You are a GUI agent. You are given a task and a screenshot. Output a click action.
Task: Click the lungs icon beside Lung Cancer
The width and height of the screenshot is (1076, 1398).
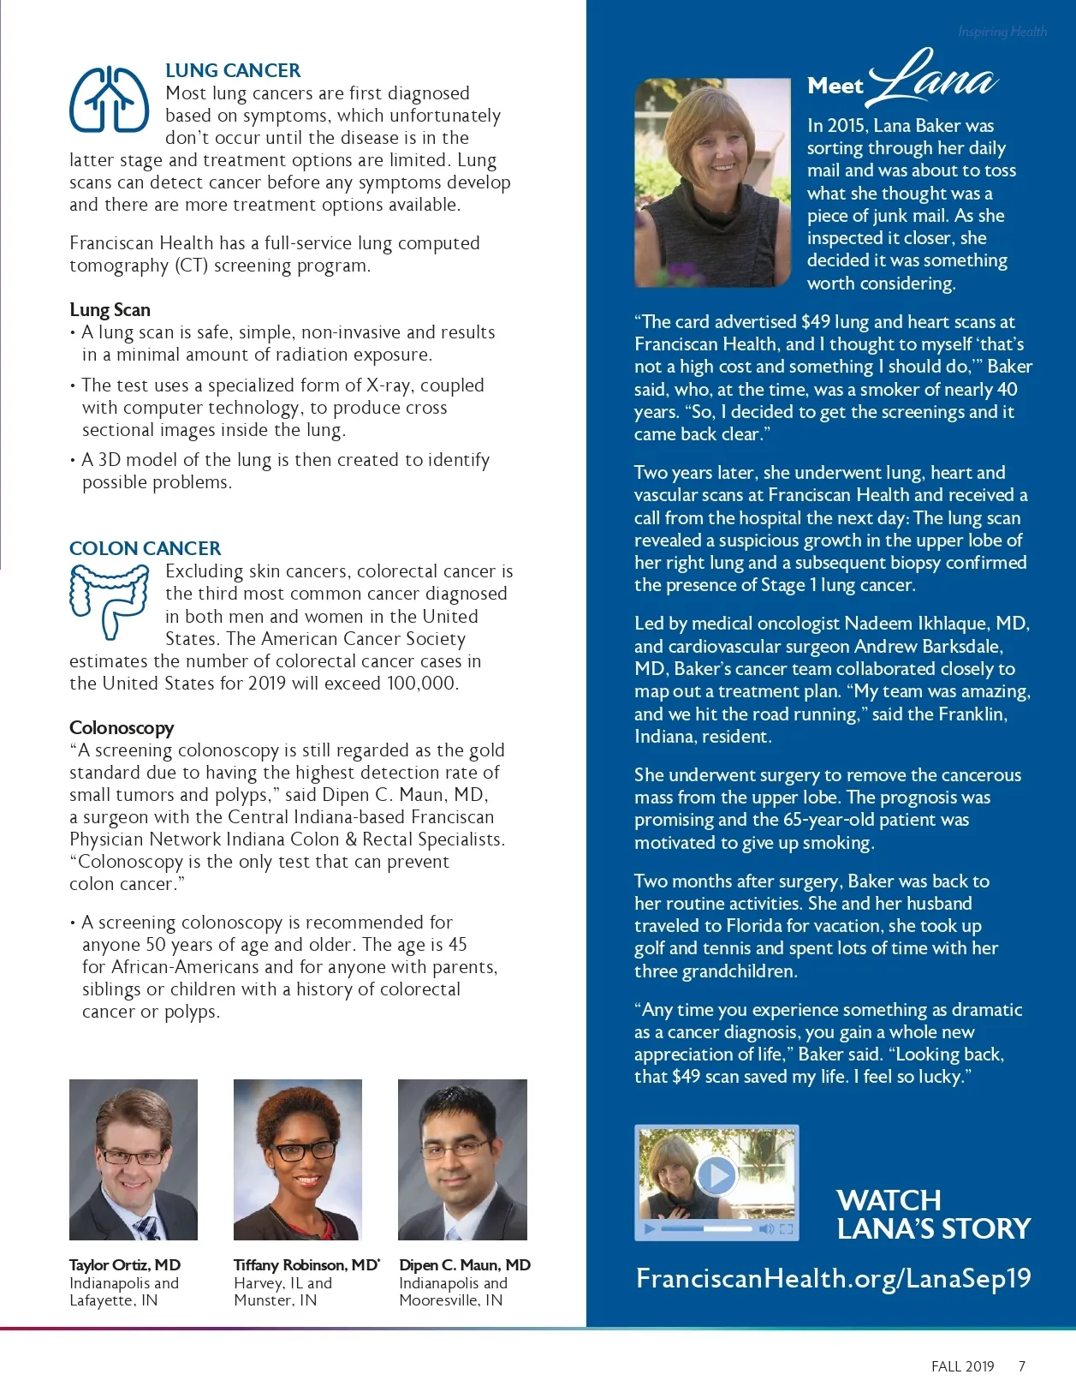coord(109,99)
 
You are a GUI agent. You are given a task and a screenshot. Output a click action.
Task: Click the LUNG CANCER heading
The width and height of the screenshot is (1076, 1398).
coord(233,70)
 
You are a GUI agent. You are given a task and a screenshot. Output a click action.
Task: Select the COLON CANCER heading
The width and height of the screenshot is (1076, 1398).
coord(145,548)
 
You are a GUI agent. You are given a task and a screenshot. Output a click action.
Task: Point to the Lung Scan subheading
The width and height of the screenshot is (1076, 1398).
coord(110,310)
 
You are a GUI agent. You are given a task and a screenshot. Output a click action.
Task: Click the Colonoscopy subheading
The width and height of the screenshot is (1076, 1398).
coord(122,728)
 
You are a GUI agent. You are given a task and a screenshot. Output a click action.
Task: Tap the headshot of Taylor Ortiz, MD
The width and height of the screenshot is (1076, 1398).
coord(134,1159)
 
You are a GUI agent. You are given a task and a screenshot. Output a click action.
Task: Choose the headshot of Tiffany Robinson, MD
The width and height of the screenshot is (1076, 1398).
coord(298,1159)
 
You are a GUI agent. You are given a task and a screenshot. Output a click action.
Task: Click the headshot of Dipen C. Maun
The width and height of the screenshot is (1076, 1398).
coord(462,1159)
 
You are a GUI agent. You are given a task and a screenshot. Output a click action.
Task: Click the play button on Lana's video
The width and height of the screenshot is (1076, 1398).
coord(716,1175)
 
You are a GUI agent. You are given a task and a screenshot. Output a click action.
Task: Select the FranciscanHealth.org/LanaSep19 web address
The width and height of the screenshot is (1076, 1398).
coord(833,1279)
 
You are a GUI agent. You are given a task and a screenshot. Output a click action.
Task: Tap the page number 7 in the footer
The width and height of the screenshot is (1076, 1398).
coord(1021,1366)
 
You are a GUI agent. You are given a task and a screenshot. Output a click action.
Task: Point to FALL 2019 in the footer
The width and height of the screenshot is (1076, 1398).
coord(962,1366)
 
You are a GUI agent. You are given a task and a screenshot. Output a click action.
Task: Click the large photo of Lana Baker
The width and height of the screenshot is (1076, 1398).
coord(712,182)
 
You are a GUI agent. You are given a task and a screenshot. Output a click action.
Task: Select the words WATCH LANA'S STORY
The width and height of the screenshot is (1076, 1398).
coord(933,1214)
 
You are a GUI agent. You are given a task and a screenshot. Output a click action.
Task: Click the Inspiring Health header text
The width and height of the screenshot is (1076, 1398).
coord(1002,32)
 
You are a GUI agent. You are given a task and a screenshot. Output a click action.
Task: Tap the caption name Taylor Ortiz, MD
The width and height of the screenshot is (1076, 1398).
coord(125,1265)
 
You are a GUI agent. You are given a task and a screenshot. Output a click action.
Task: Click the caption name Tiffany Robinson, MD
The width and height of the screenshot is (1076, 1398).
coord(306,1265)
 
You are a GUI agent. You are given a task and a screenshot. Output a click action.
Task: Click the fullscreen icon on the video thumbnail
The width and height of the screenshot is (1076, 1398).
coord(786,1229)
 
